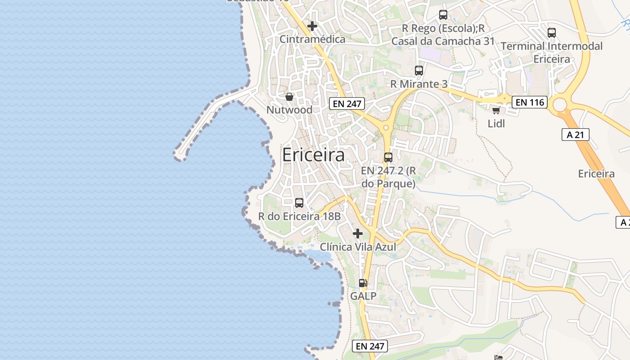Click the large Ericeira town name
pyautogui.click(x=313, y=155)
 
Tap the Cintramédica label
pyautogui.click(x=312, y=39)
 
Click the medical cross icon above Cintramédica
pyautogui.click(x=312, y=26)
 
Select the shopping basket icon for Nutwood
pyautogui.click(x=289, y=97)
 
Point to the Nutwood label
pyautogui.click(x=289, y=110)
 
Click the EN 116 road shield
pyautogui.click(x=530, y=103)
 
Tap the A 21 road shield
pyautogui.click(x=576, y=135)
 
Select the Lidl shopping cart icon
pyautogui.click(x=496, y=111)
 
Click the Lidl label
pyautogui.click(x=496, y=123)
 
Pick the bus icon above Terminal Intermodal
pyautogui.click(x=552, y=33)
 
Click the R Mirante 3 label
pyautogui.click(x=418, y=84)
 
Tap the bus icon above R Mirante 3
pyautogui.click(x=419, y=71)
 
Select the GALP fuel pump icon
pyautogui.click(x=363, y=283)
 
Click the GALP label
pyautogui.click(x=363, y=296)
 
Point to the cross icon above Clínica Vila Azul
pyautogui.click(x=358, y=234)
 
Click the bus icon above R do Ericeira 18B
pyautogui.click(x=299, y=203)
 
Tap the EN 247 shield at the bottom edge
pyautogui.click(x=370, y=346)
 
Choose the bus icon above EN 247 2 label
pyautogui.click(x=388, y=157)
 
